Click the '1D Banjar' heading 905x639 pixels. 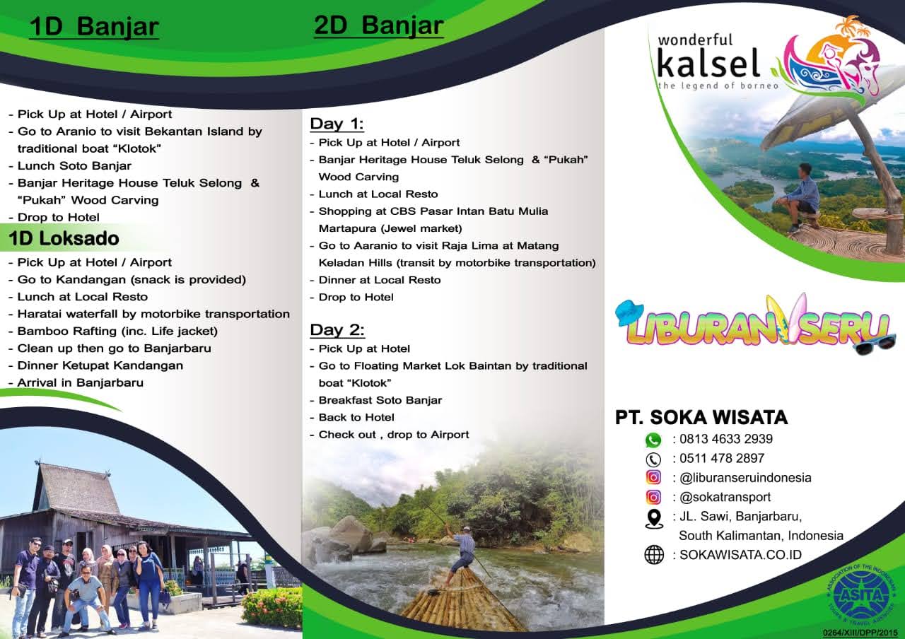(x=94, y=27)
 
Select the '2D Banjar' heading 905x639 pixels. (x=378, y=25)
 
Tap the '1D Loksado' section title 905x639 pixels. (x=64, y=238)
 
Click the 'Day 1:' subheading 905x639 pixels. (x=337, y=124)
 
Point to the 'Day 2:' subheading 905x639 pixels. (x=337, y=330)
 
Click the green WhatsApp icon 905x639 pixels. (x=653, y=440)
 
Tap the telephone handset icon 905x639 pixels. (x=653, y=459)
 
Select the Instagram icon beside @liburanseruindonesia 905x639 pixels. (x=653, y=477)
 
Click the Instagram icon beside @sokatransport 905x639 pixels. (x=653, y=497)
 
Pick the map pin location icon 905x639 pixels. (x=654, y=519)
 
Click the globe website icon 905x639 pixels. (x=654, y=555)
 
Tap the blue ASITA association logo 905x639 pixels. (x=863, y=594)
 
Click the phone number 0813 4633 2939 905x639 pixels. (x=726, y=439)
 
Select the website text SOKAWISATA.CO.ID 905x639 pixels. (x=740, y=555)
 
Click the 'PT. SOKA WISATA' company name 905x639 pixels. (x=701, y=417)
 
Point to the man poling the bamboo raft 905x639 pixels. (x=462, y=553)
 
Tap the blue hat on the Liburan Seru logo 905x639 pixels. (x=629, y=312)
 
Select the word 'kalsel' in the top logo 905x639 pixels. (x=708, y=63)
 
